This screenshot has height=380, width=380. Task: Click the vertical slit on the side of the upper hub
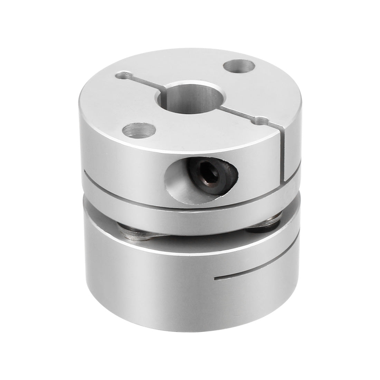coord(283,155)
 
